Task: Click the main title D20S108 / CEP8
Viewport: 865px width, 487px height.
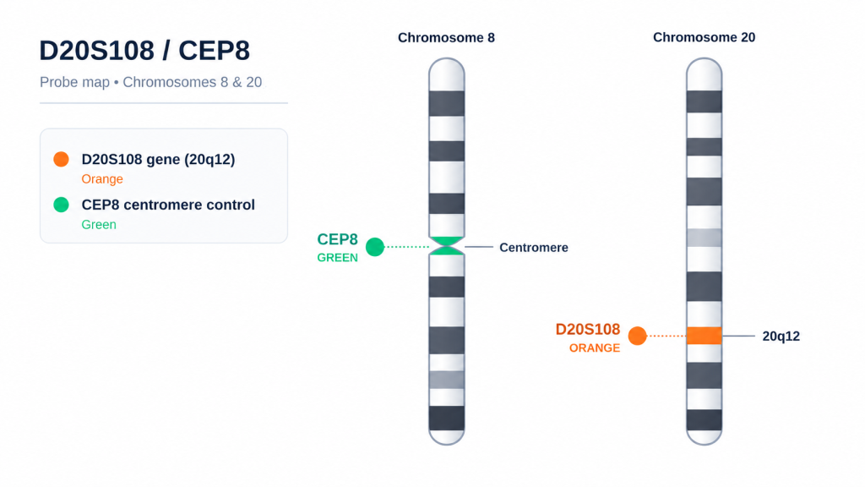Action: pyautogui.click(x=144, y=50)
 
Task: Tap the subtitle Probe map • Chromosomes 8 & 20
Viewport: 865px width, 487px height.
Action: pyautogui.click(x=150, y=82)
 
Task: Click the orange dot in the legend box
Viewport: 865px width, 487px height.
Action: pyautogui.click(x=61, y=159)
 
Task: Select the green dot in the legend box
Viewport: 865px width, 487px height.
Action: pyautogui.click(x=61, y=205)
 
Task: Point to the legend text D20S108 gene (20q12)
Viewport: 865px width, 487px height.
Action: pyautogui.click(x=158, y=160)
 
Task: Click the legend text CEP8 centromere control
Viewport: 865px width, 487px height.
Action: pyautogui.click(x=168, y=205)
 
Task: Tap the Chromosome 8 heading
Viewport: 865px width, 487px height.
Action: pyautogui.click(x=446, y=37)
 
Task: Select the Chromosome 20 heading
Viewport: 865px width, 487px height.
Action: pyautogui.click(x=704, y=37)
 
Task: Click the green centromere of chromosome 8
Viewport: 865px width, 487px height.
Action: pyautogui.click(x=447, y=246)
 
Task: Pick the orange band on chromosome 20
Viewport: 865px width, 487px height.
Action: pyautogui.click(x=704, y=336)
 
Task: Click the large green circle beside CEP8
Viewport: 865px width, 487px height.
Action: pyautogui.click(x=375, y=247)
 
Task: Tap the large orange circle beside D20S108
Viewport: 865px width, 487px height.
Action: pyautogui.click(x=637, y=336)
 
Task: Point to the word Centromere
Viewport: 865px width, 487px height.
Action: pyautogui.click(x=534, y=248)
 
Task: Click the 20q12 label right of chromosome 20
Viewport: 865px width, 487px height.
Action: pyautogui.click(x=781, y=337)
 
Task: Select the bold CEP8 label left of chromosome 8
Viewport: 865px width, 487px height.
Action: pyautogui.click(x=337, y=239)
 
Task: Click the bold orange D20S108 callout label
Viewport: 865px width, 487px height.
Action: pyautogui.click(x=588, y=329)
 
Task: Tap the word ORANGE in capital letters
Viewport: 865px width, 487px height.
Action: pyautogui.click(x=595, y=347)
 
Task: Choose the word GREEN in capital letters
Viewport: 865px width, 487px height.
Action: pyautogui.click(x=337, y=257)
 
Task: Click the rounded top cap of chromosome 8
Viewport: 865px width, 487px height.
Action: pyautogui.click(x=447, y=74)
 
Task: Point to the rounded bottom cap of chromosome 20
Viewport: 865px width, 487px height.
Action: pyautogui.click(x=704, y=437)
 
